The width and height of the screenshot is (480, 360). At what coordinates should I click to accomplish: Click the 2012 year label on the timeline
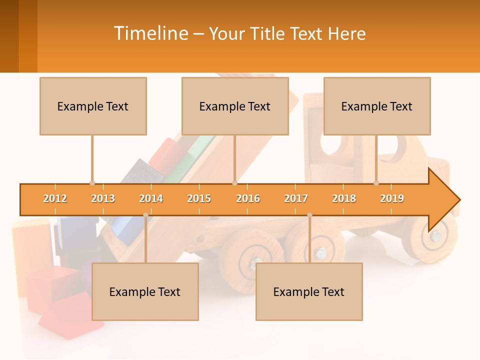(x=55, y=198)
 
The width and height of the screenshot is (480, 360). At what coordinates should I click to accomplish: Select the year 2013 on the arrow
(x=103, y=198)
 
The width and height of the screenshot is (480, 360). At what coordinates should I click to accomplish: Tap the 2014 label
(x=151, y=198)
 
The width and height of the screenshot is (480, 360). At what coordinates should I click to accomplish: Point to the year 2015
(x=199, y=198)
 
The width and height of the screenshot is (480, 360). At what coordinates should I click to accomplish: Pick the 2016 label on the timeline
(x=248, y=198)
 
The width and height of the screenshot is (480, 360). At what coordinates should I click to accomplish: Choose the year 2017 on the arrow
(x=296, y=198)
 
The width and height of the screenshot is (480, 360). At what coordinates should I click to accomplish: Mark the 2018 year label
(x=344, y=198)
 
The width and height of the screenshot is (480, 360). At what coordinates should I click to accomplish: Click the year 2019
(x=392, y=198)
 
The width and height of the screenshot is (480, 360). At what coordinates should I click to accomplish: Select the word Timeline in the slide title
(x=150, y=33)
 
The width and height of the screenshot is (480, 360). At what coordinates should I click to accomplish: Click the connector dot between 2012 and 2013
(x=92, y=183)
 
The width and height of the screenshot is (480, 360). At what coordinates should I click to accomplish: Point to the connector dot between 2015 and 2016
(x=234, y=183)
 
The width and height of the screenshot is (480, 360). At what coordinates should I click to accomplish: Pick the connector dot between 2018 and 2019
(x=376, y=183)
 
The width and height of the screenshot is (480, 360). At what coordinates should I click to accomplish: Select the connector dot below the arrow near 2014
(x=145, y=215)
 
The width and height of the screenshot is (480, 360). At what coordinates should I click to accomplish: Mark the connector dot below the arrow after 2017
(x=309, y=215)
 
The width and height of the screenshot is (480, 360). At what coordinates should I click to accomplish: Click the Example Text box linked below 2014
(x=145, y=291)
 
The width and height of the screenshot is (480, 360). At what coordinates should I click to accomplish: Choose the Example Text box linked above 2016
(x=235, y=106)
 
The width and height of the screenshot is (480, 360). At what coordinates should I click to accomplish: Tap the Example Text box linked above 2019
(x=377, y=106)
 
